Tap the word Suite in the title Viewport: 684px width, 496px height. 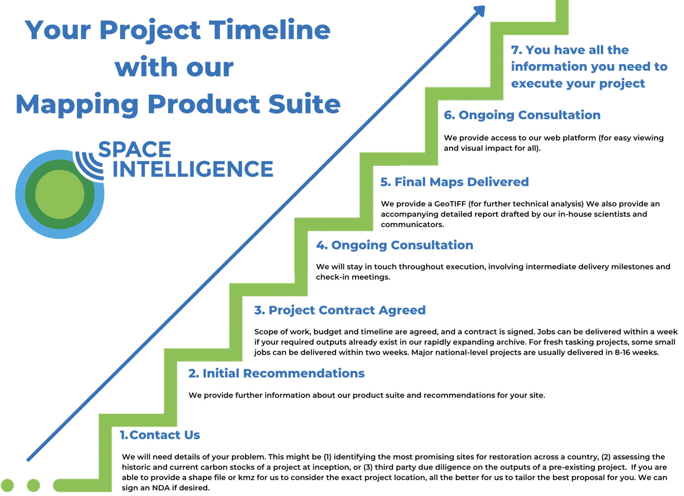tap(304, 104)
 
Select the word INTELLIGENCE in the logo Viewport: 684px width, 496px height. tap(193, 169)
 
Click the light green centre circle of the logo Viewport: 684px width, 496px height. tap(60, 194)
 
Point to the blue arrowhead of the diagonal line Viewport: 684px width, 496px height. tap(479, 11)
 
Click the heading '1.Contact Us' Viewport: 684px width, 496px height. tap(160, 435)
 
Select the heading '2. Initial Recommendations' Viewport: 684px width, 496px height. tap(276, 373)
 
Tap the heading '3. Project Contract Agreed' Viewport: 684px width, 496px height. tap(340, 310)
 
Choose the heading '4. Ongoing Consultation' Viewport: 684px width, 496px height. tap(395, 245)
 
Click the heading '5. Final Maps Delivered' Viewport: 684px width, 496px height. tap(455, 182)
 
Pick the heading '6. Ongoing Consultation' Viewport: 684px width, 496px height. tap(522, 115)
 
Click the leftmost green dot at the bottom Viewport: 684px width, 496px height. tap(7, 485)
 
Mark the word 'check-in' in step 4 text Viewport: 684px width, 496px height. tap(331, 277)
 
